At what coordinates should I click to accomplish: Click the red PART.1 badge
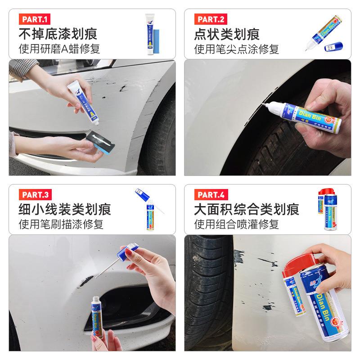point(34,19)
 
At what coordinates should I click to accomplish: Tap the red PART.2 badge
point(211,19)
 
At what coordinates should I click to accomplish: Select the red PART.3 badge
point(35,195)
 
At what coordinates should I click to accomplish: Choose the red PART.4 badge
point(211,195)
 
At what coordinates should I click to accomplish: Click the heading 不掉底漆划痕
point(58,34)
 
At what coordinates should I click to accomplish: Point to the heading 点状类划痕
point(227,34)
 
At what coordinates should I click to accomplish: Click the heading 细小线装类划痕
point(64,209)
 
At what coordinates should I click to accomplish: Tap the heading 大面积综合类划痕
point(246,209)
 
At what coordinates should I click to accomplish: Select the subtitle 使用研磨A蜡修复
point(59,49)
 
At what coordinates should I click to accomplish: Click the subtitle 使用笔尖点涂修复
point(236,49)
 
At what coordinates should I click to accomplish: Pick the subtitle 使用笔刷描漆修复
point(61,224)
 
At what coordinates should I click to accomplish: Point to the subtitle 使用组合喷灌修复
point(236,224)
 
